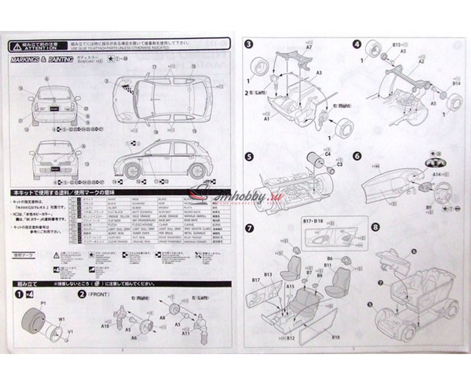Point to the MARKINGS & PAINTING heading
42,59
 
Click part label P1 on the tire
43,303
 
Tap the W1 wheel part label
62,319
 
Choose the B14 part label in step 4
456,84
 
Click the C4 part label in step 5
328,154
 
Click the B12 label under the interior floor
290,338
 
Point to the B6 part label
330,259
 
